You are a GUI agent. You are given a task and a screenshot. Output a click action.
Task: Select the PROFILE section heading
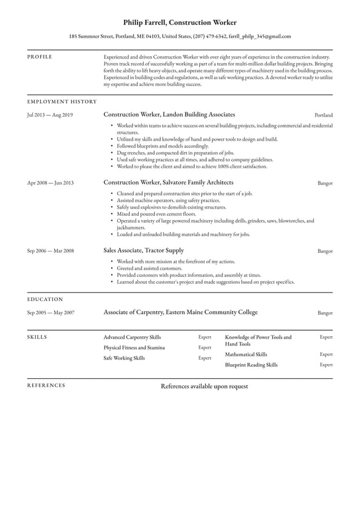39,57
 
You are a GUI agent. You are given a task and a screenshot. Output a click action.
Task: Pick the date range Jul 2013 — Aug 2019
50,115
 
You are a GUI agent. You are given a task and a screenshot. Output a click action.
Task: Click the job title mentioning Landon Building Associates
169,115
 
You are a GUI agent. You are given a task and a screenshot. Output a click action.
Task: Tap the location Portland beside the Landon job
324,115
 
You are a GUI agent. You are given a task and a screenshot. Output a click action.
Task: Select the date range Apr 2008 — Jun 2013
50,183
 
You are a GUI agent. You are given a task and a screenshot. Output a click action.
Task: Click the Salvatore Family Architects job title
168,183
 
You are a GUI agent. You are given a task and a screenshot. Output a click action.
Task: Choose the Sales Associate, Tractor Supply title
144,250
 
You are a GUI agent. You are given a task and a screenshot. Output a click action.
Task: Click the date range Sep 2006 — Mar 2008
51,251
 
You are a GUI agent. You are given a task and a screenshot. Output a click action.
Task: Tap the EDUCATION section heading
45,299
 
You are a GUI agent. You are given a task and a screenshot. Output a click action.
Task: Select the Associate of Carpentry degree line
181,313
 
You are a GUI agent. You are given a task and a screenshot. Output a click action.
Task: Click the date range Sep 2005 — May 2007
51,313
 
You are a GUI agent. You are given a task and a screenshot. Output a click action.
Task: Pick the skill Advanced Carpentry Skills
132,337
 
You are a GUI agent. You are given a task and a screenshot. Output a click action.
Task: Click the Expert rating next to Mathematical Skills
326,355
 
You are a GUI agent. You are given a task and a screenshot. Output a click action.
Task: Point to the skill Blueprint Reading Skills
252,365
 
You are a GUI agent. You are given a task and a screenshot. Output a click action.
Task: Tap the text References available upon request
204,386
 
